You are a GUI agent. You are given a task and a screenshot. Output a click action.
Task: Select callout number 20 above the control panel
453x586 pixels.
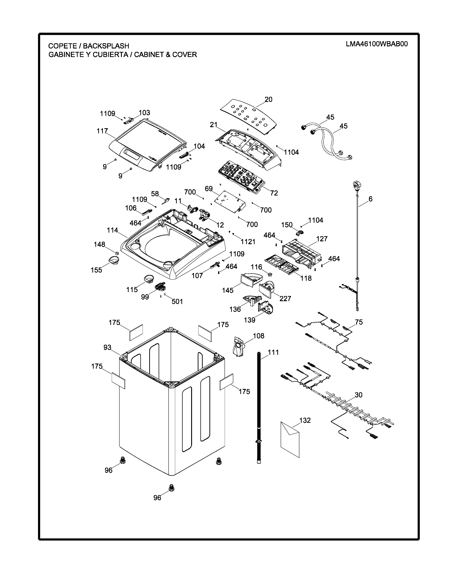click(268, 100)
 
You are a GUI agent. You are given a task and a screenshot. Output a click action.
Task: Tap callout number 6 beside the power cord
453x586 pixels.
click(370, 199)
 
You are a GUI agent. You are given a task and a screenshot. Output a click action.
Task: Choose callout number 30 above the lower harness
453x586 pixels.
click(358, 395)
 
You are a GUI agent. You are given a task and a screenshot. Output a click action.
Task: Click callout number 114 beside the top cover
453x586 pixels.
click(112, 230)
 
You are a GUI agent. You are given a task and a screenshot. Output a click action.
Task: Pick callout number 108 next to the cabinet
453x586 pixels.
click(259, 336)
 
